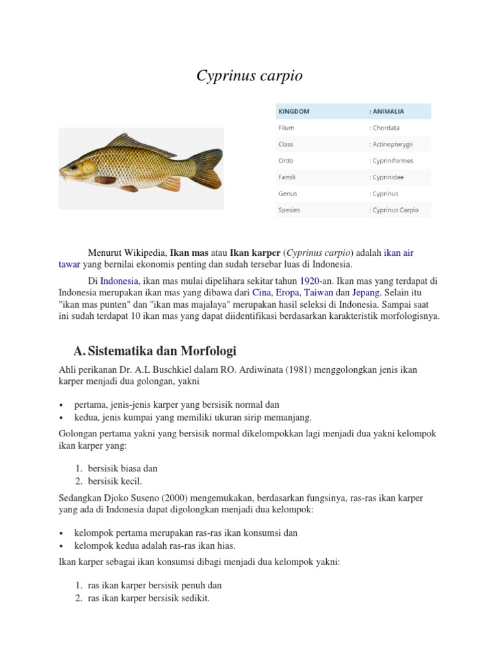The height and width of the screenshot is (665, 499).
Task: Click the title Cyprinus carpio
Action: click(x=249, y=77)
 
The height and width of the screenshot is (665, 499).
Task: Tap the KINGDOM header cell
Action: click(x=294, y=111)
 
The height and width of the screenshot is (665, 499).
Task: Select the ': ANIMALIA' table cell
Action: click(x=387, y=111)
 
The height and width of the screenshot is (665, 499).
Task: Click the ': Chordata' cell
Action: click(x=384, y=128)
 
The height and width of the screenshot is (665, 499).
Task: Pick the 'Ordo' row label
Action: click(x=287, y=160)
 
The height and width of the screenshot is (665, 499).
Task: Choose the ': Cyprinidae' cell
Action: click(x=389, y=177)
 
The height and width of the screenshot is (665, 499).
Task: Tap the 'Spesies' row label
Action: click(x=290, y=210)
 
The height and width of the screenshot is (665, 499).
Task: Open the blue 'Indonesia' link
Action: click(x=119, y=281)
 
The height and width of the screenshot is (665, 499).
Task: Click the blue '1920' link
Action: click(x=309, y=281)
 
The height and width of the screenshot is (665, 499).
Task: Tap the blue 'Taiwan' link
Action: click(x=316, y=293)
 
